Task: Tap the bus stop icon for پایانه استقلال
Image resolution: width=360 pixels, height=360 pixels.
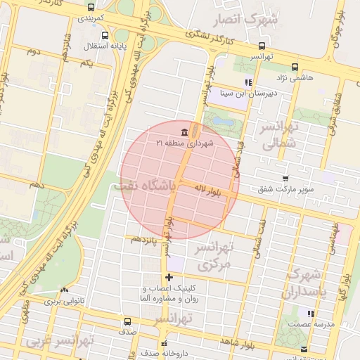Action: pyautogui.click(x=105, y=35)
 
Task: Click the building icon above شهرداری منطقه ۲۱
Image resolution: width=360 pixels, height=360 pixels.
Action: pyautogui.click(x=184, y=132)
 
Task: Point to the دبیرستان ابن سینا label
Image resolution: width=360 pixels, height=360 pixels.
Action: pyautogui.click(x=249, y=92)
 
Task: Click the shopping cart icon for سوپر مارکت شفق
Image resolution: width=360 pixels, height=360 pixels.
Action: pyautogui.click(x=285, y=179)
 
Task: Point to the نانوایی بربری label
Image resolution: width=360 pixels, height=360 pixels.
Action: pyautogui.click(x=65, y=301)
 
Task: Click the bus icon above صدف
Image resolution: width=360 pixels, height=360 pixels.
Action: pyautogui.click(x=127, y=321)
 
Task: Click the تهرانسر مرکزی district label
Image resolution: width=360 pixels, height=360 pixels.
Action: pyautogui.click(x=215, y=257)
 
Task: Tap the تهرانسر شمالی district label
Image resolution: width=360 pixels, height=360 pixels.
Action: pyautogui.click(x=280, y=136)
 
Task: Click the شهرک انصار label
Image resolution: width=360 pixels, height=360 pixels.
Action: pyautogui.click(x=255, y=20)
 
